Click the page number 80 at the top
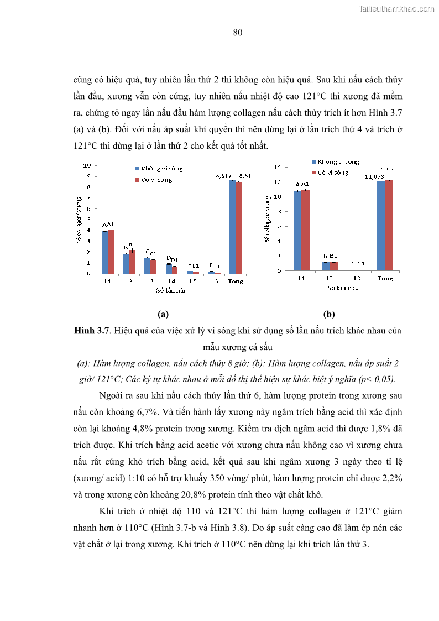point(238,33)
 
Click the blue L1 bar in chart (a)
point(104,252)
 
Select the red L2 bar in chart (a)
point(132,262)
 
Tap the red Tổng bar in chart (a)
point(238,227)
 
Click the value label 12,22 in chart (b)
point(389,169)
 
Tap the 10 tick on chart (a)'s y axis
point(87,165)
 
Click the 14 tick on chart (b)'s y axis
point(278,167)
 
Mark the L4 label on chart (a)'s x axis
point(171,281)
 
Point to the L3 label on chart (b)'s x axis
point(358,278)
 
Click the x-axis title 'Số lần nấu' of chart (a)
point(171,290)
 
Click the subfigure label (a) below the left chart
point(163,314)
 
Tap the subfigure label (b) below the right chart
point(329,314)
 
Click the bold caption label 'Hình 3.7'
point(91,331)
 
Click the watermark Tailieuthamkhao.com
point(396,8)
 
